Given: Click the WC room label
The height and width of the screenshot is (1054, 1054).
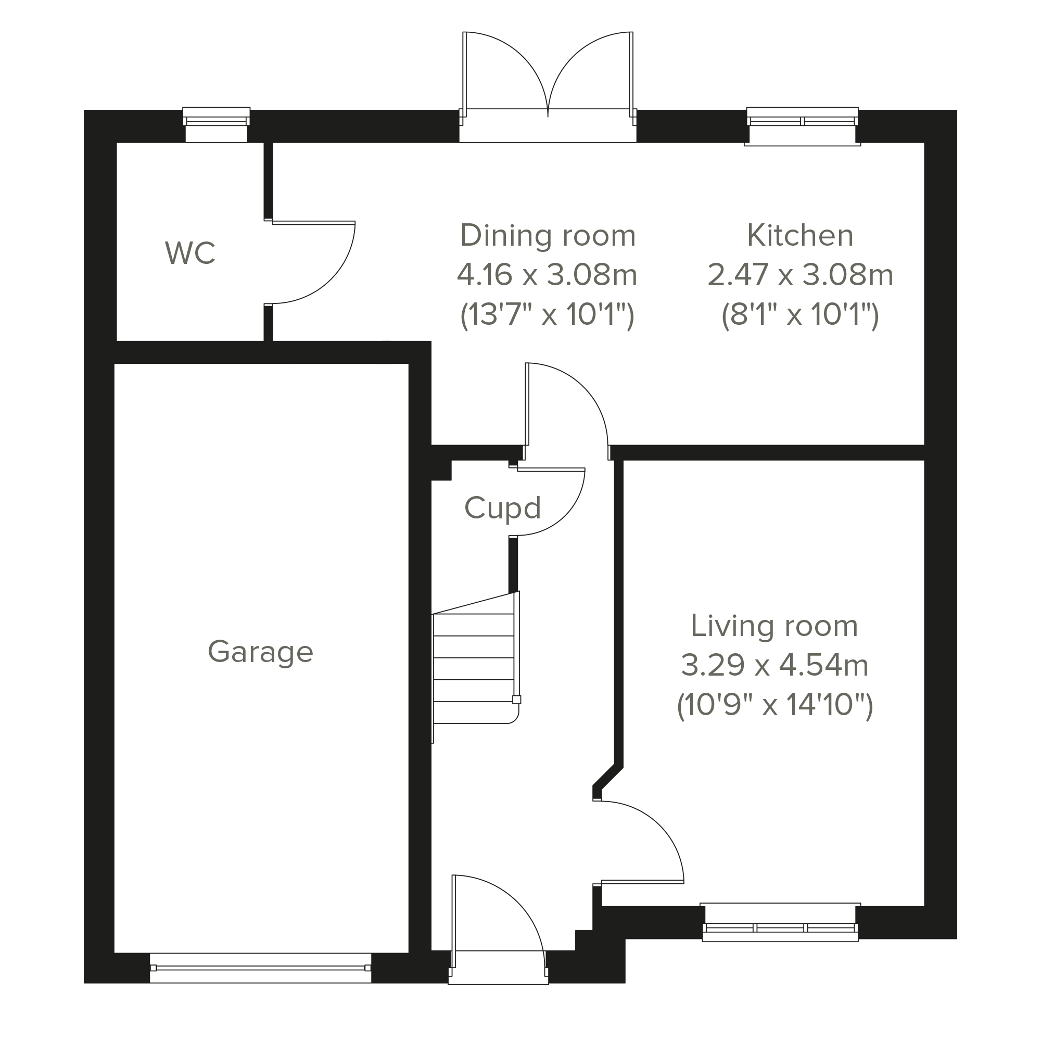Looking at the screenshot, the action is [191, 253].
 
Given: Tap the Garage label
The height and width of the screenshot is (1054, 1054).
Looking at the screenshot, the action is [261, 652].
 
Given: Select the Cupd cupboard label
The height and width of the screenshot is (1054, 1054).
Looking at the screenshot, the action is [502, 508].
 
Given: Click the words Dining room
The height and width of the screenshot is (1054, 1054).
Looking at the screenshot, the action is [548, 235].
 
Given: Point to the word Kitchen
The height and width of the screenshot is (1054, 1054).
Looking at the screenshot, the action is [801, 235].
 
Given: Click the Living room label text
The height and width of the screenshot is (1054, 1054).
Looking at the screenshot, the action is [774, 626].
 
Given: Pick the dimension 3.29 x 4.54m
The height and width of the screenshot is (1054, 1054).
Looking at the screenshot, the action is [774, 666].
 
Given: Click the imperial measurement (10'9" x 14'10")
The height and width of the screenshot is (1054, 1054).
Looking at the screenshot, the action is [774, 705].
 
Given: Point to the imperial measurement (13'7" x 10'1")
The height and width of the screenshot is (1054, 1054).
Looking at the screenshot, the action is [547, 315].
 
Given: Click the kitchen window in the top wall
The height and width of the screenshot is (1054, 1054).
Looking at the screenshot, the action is [803, 126].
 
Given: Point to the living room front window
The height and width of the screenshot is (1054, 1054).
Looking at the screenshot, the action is [780, 923].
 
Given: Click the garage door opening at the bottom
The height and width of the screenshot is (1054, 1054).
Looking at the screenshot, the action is [260, 968].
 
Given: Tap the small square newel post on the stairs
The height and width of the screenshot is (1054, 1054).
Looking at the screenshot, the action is [517, 700].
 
